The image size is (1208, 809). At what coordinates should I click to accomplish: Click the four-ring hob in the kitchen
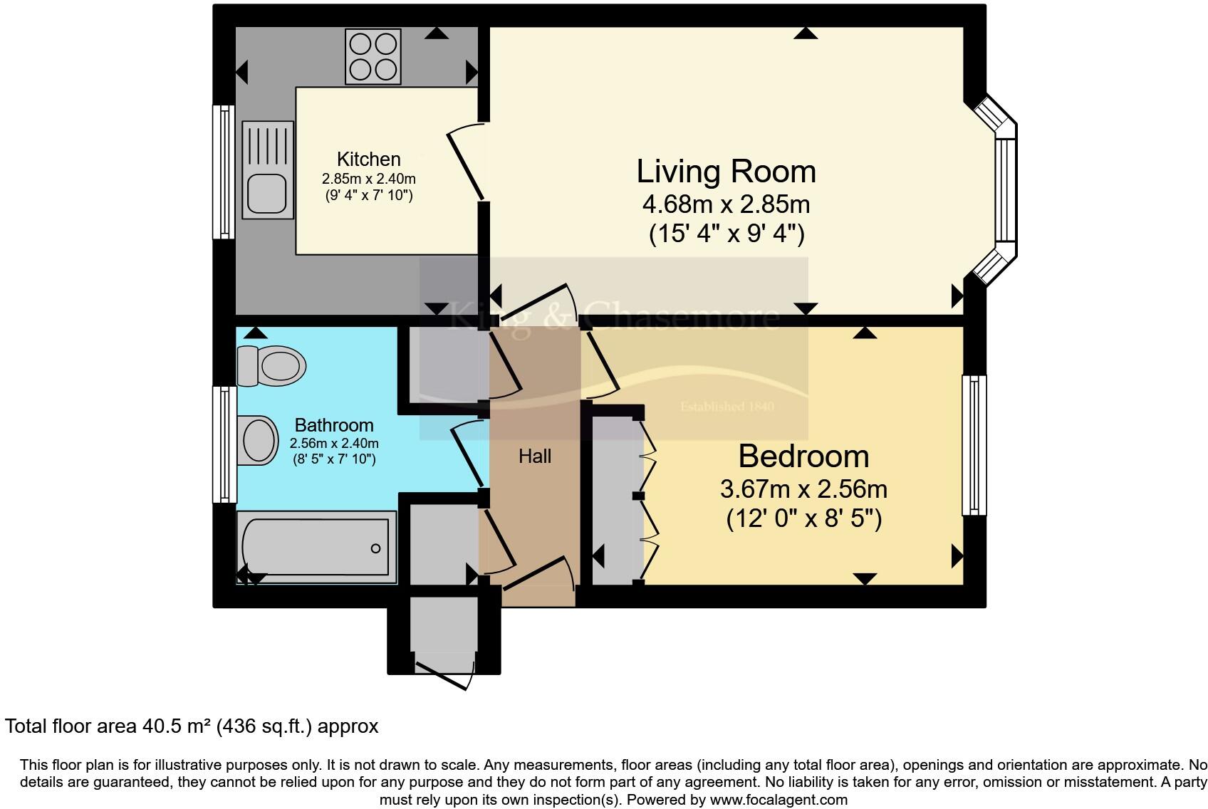click(x=373, y=57)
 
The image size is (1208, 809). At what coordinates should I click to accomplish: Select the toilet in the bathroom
click(x=271, y=366)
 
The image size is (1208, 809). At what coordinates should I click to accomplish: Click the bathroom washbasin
click(x=258, y=440)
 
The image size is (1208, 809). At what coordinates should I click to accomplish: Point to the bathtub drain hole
click(x=376, y=548)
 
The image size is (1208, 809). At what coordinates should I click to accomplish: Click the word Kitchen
click(x=369, y=159)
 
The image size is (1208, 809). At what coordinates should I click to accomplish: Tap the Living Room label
click(x=726, y=172)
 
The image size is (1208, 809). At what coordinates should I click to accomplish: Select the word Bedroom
click(x=803, y=456)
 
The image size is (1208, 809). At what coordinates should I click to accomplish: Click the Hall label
click(x=535, y=456)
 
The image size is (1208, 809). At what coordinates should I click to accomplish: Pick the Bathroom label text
click(x=334, y=425)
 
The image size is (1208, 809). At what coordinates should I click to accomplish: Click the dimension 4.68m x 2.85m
click(x=726, y=204)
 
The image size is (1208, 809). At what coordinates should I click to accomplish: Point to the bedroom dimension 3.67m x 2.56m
click(x=803, y=489)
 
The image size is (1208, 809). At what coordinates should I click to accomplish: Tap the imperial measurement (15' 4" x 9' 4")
click(x=727, y=234)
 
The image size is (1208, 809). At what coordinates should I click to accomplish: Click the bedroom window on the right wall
click(x=974, y=446)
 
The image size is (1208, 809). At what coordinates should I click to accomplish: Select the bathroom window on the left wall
click(x=224, y=444)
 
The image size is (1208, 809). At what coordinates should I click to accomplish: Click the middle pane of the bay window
click(x=1005, y=190)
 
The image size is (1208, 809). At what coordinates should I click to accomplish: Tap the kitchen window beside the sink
click(x=224, y=172)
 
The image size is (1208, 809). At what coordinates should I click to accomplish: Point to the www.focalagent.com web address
click(x=779, y=799)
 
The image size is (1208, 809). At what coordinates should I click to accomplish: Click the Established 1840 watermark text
click(x=727, y=406)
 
